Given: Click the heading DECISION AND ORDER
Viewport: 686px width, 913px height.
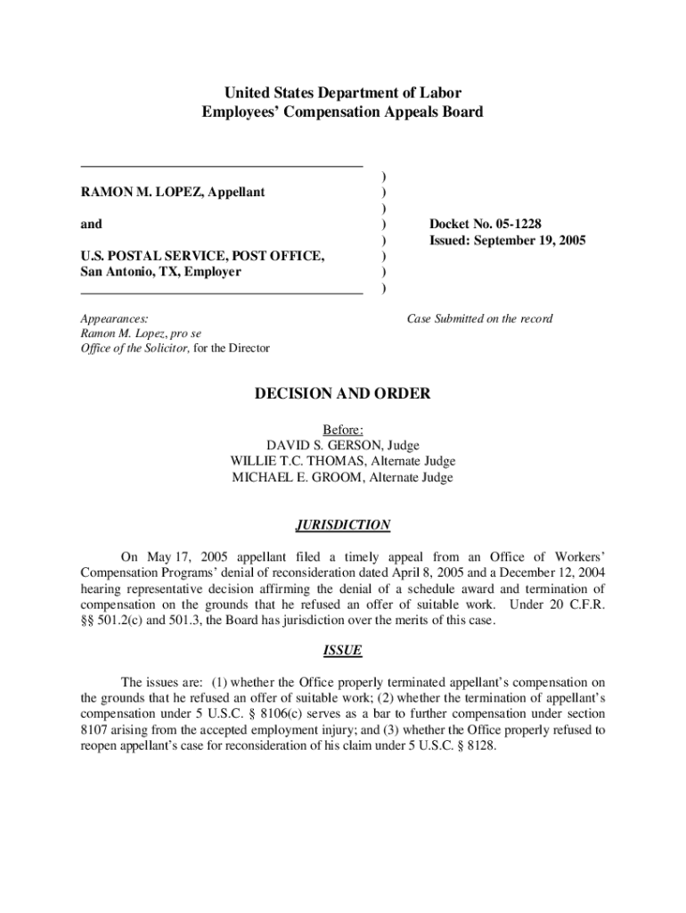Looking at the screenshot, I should point(343,393).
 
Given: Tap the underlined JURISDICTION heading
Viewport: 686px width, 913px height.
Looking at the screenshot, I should point(343,525).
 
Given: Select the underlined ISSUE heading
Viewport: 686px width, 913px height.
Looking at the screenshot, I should point(343,650).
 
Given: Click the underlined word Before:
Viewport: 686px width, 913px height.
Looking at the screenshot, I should point(343,429).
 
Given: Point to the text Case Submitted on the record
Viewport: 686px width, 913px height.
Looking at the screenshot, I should point(479,318).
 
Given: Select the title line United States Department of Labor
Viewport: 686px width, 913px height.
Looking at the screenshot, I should point(343,93).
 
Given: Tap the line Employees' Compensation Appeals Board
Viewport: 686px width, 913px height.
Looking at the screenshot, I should point(343,112).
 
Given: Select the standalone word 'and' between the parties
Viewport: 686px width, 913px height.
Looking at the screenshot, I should point(91,224).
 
